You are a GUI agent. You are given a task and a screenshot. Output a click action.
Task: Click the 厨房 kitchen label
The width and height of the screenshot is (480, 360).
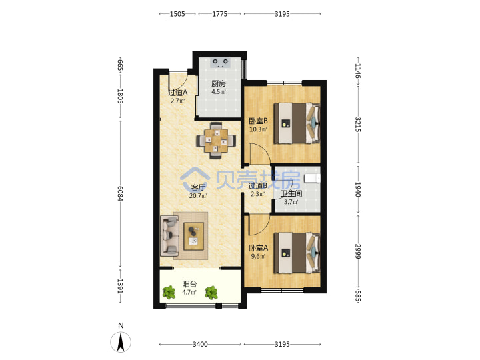coord(219,83)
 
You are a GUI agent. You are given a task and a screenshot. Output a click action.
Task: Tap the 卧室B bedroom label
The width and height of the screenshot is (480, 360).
coord(258,121)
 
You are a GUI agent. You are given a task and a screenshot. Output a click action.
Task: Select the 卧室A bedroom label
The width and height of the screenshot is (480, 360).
coord(258,247)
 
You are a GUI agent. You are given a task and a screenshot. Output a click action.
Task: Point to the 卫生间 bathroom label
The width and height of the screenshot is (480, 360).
coord(291,193)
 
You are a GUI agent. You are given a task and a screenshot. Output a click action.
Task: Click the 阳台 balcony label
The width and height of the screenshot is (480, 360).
coord(189,284)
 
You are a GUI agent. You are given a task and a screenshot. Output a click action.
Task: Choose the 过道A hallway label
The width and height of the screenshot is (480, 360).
coord(177,92)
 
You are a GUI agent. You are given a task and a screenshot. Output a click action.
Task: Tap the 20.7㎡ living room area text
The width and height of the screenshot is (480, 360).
coord(198,195)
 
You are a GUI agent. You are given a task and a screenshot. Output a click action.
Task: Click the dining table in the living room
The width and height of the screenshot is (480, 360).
coord(216,141)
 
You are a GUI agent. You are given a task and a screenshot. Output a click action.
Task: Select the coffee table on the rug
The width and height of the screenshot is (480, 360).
coord(193,236)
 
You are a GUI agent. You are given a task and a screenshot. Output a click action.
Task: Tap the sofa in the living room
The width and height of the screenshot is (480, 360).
coord(169,236)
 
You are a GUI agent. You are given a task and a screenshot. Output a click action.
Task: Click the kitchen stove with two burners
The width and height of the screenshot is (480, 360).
coord(221,63)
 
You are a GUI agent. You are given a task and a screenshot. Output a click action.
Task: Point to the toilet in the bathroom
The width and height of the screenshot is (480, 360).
coord(312,178)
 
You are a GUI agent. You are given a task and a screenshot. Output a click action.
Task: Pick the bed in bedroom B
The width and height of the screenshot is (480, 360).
coord(297,123)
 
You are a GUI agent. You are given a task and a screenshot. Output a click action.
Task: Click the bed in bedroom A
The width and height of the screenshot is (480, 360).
coord(297,253)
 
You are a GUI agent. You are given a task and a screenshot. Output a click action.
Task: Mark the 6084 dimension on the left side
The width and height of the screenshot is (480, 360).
coord(120,193)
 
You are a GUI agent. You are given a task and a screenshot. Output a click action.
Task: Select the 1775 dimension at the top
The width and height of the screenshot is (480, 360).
coord(220,14)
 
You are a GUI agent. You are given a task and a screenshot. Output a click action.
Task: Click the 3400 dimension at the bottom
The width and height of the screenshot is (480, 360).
coord(200,344)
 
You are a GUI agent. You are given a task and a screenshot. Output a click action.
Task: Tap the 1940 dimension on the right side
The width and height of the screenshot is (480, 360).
coord(358,189)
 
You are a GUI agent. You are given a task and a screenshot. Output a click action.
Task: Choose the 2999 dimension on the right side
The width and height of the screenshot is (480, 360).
coord(358,251)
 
